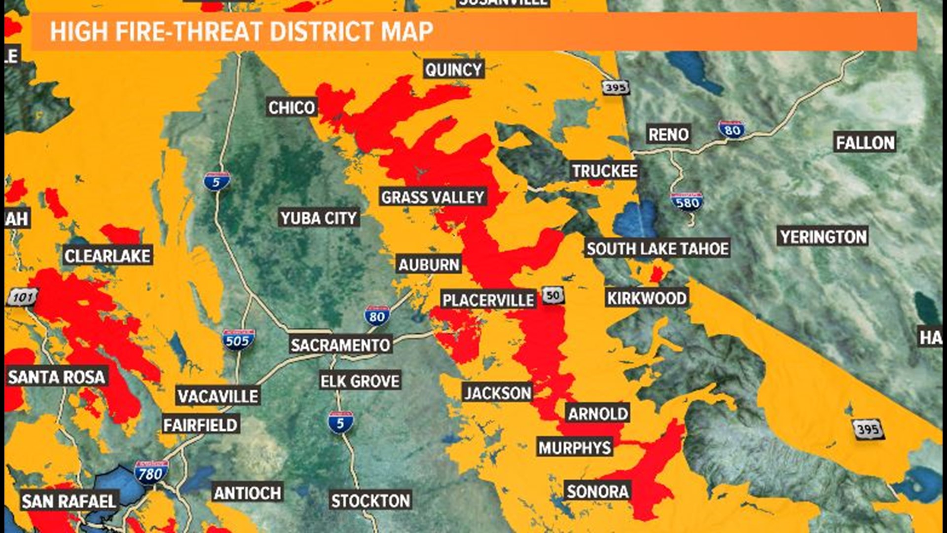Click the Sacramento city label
click(340, 345)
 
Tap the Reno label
click(668, 134)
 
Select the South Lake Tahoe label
click(657, 249)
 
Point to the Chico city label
click(291, 108)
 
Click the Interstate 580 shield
click(687, 202)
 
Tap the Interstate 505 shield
click(238, 340)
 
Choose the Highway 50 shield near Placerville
click(553, 296)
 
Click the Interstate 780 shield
click(151, 473)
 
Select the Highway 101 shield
click(23, 297)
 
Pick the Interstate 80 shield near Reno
click(731, 130)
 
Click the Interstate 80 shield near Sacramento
click(377, 316)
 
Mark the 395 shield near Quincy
click(616, 87)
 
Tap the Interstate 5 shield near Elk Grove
click(340, 422)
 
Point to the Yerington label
click(823, 237)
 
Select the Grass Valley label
click(433, 197)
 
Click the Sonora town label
click(597, 492)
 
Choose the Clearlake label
click(108, 256)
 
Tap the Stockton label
click(370, 501)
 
